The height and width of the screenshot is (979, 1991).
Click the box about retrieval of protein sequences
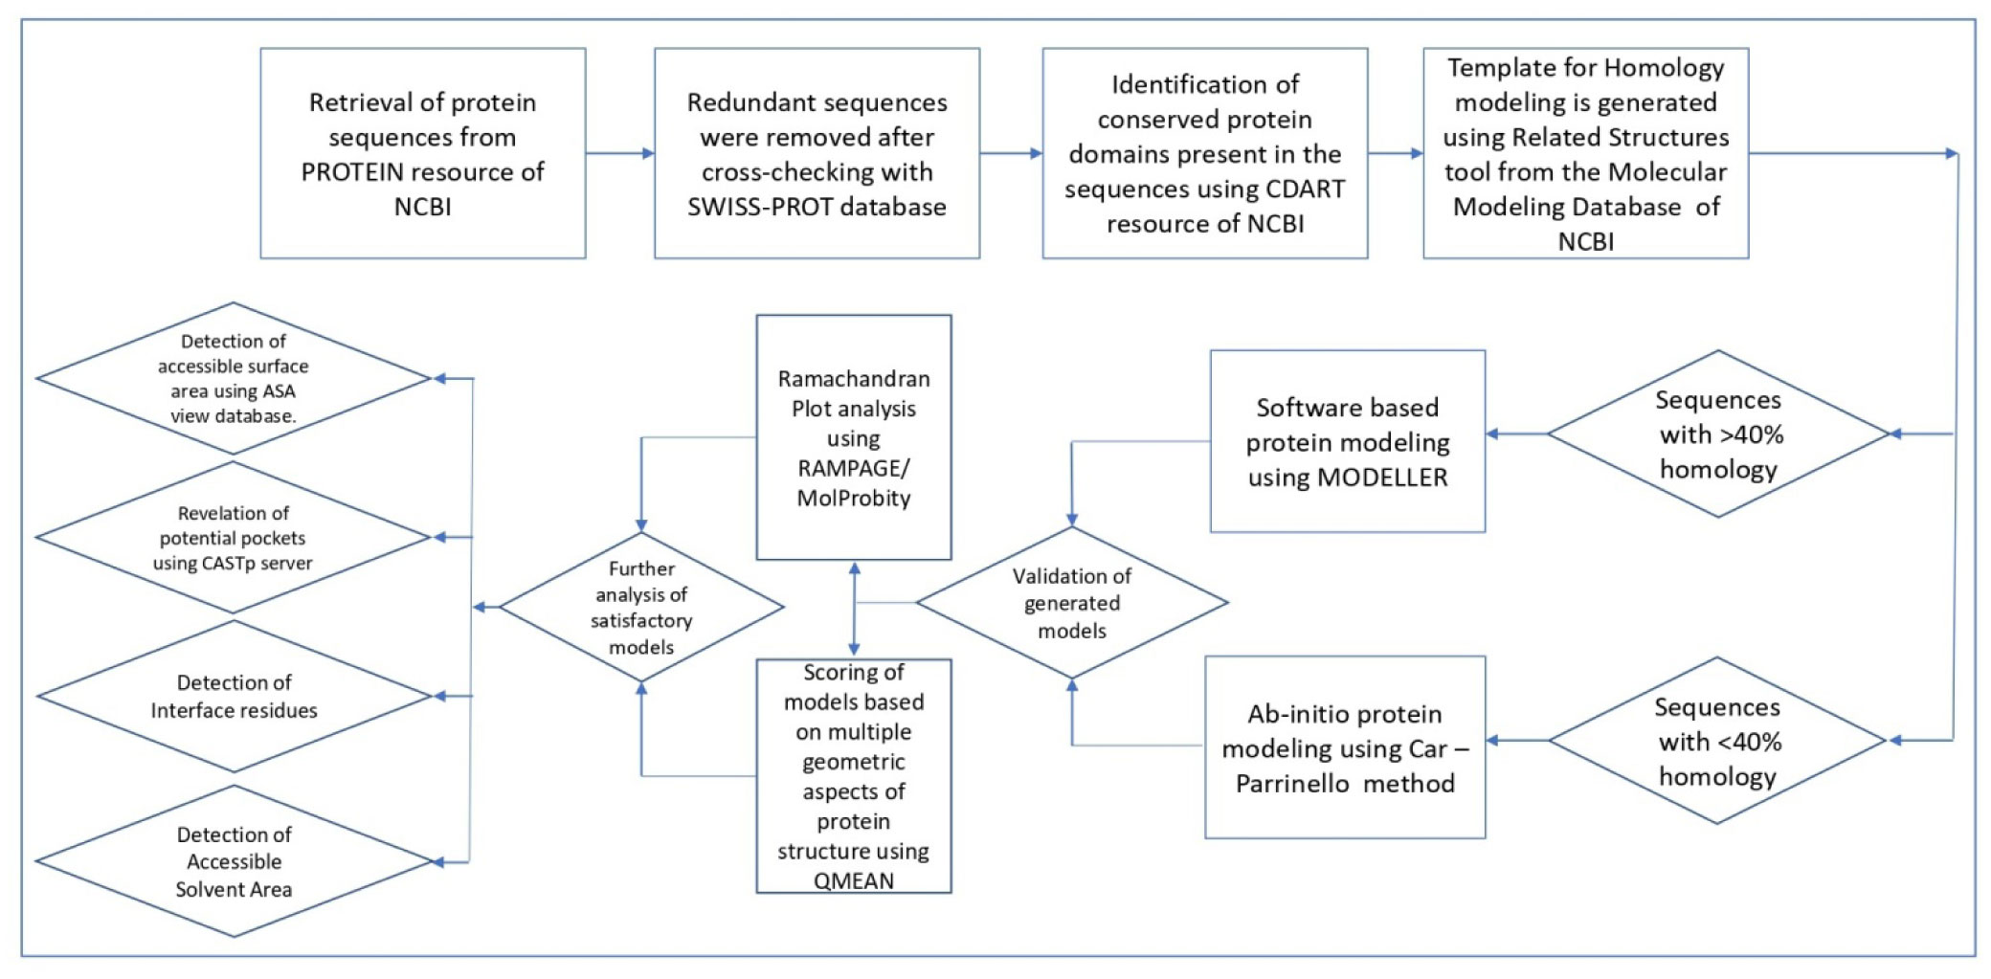[x=422, y=153]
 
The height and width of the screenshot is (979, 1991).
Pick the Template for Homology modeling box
[x=1585, y=153]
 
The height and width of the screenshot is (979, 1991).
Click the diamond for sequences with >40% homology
[x=1718, y=434]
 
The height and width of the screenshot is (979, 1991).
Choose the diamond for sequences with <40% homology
[x=1717, y=741]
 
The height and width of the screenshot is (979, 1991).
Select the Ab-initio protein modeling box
[x=1345, y=747]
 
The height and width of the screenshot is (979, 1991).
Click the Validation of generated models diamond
[x=1071, y=603]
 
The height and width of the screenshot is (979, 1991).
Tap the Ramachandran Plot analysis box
[x=853, y=437]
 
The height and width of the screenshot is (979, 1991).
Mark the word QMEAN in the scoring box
[x=853, y=880]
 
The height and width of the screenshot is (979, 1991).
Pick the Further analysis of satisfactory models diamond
[x=641, y=608]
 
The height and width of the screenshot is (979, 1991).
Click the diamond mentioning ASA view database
[x=233, y=379]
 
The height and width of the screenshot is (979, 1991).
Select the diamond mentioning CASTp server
[x=233, y=538]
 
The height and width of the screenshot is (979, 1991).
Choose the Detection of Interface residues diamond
[x=234, y=697]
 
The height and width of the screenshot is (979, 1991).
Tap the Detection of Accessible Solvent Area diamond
[x=234, y=861]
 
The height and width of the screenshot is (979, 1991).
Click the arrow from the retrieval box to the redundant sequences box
[x=619, y=153]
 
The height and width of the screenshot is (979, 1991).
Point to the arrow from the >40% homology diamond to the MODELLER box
[x=1516, y=434]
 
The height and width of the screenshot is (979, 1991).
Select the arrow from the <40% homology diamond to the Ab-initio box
[x=1517, y=741]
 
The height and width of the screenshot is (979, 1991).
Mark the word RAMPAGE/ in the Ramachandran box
[x=853, y=468]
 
